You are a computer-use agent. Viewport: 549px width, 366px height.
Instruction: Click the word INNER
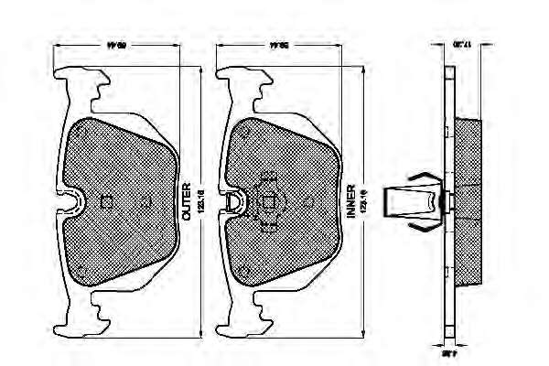click(351, 201)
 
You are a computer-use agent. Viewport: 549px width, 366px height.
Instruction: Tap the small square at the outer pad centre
click(105, 202)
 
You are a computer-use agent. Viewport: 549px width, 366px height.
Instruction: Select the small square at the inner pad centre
click(267, 203)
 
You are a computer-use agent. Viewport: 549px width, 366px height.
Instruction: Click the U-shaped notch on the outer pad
click(71, 201)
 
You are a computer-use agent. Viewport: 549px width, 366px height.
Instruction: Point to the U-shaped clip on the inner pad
click(233, 202)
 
